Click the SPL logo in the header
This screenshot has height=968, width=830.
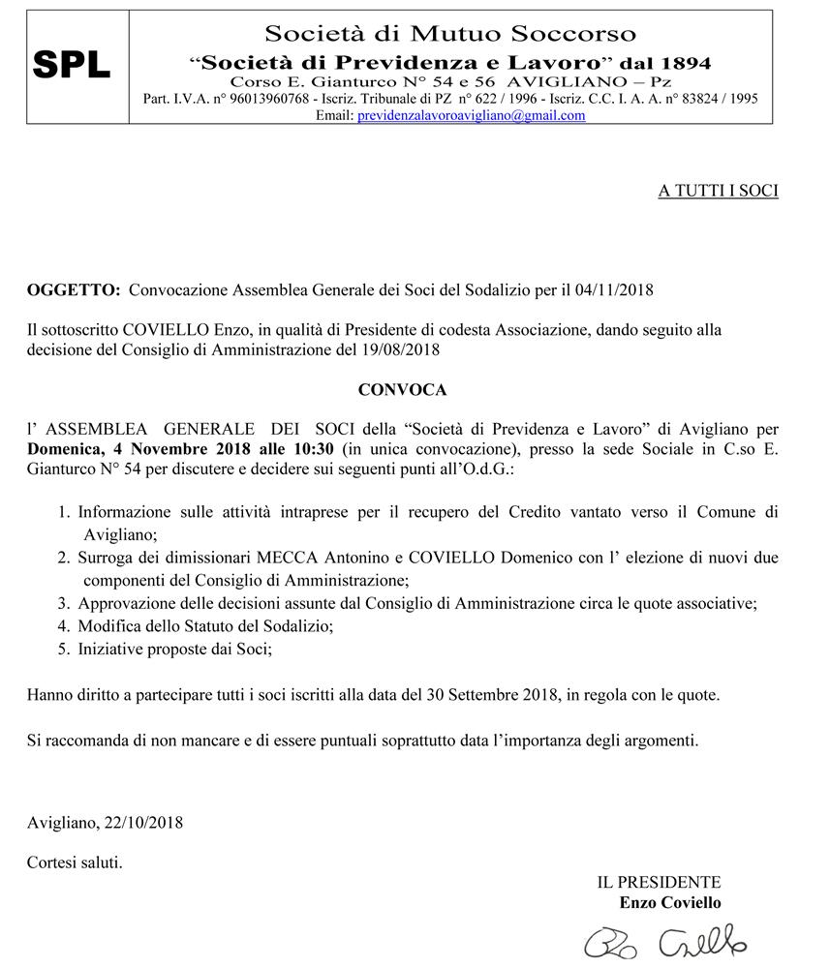click(x=73, y=65)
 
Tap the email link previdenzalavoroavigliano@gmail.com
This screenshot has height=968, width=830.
click(x=472, y=115)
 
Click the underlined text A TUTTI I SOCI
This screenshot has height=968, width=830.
click(x=718, y=192)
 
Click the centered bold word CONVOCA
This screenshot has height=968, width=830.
click(x=402, y=390)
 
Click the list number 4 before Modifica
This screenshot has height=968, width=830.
click(x=63, y=626)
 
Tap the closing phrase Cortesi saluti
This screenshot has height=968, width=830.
click(x=75, y=861)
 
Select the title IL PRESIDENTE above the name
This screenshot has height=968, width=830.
click(x=659, y=882)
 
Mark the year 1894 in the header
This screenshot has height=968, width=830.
click(x=686, y=63)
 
